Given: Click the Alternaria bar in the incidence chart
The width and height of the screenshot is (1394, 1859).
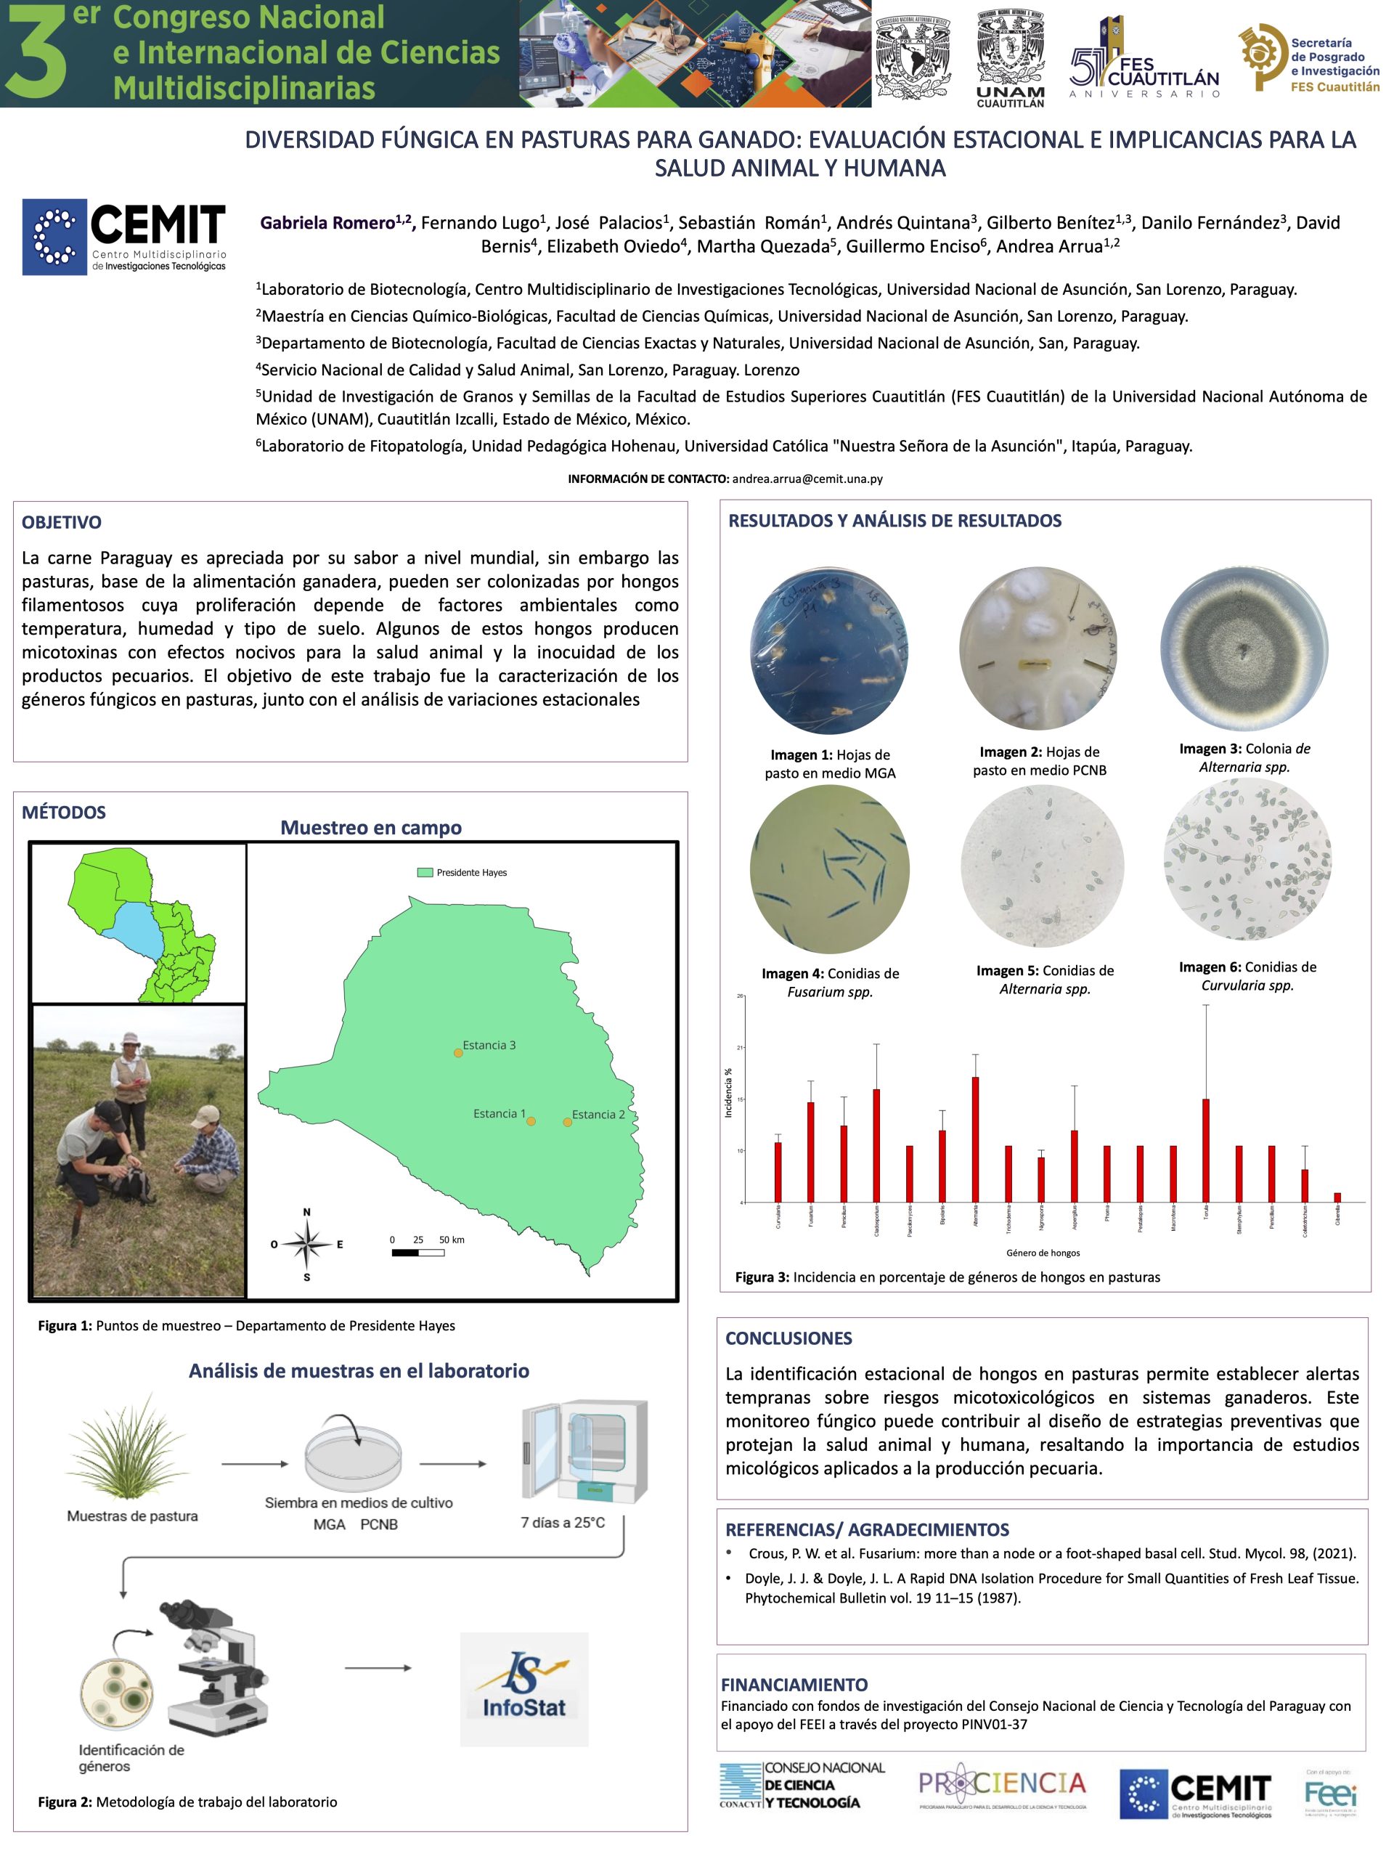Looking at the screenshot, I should (974, 1139).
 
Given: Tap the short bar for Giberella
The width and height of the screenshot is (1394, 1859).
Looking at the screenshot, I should (1337, 1197).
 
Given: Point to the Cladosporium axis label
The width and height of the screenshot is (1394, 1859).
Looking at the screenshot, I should (876, 1216).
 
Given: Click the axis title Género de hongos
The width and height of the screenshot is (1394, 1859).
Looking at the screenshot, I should (1043, 1253).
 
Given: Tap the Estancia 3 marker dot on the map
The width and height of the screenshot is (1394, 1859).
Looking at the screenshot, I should (458, 1052).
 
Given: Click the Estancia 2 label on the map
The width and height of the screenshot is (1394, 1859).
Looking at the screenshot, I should (598, 1115).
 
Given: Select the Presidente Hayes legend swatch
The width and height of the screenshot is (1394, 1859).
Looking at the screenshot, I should (425, 872).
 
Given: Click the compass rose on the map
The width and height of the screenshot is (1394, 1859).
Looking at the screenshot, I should (306, 1244).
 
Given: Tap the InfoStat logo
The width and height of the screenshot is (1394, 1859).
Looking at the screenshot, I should (524, 1689).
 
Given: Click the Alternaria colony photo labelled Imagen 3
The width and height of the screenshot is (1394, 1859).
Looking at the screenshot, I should (1244, 648).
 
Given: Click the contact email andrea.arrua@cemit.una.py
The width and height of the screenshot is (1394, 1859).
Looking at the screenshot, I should (807, 479).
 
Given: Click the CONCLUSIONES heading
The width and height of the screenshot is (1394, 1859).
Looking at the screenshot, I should (788, 1338).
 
